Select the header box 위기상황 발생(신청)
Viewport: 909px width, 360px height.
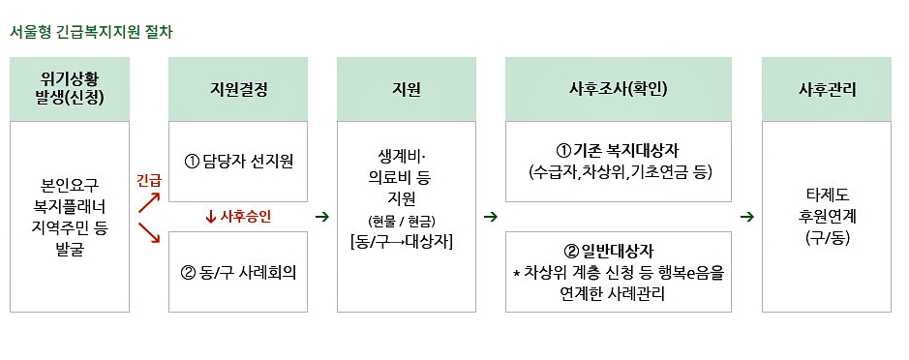point(70,89)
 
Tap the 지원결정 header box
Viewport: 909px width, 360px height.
point(238,89)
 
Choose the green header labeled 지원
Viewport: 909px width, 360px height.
point(407,89)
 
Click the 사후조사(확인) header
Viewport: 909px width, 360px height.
point(618,89)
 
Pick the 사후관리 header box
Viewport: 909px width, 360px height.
point(827,89)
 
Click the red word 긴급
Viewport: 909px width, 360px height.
point(148,180)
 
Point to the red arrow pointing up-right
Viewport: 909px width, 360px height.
point(149,202)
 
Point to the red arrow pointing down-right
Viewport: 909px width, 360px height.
point(149,233)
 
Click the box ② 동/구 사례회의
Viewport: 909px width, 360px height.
point(238,272)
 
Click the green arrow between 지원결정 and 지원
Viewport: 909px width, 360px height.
point(321,216)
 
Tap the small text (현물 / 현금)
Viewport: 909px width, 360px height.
point(407,221)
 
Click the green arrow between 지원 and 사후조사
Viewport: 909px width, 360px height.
point(490,216)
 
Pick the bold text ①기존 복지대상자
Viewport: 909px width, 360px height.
point(618,151)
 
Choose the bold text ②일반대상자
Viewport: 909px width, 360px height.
point(618,251)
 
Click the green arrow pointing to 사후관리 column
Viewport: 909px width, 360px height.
point(746,216)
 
